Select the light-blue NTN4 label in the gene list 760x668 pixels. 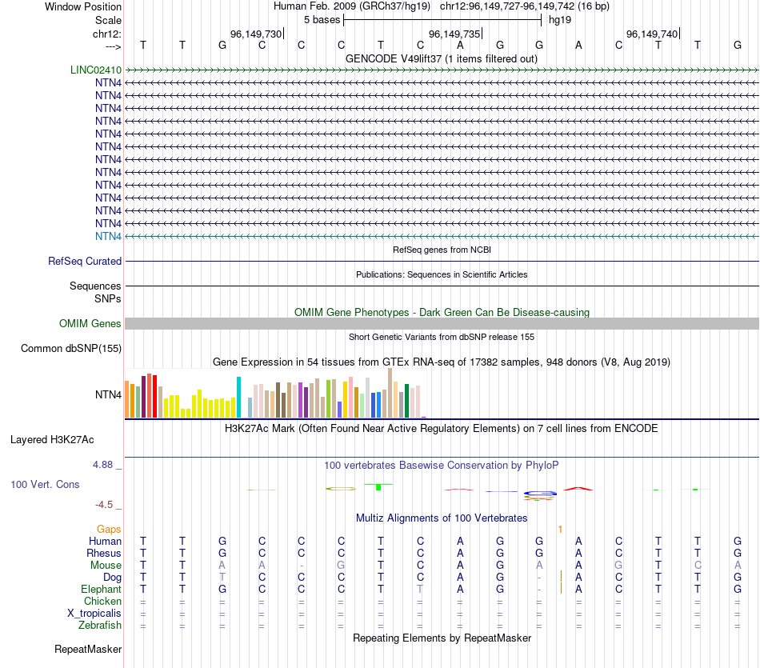click(108, 236)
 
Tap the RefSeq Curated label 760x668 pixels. click(85, 261)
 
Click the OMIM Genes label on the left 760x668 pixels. click(90, 323)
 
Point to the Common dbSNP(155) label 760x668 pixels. click(71, 348)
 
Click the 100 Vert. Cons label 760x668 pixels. click(45, 484)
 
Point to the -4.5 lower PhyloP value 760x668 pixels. click(104, 505)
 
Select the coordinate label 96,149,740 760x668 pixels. click(652, 34)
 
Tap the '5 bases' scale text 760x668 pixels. click(322, 19)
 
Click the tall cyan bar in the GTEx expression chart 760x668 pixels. click(238, 397)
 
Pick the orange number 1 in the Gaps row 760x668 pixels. click(560, 529)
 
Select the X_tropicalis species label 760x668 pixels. click(94, 613)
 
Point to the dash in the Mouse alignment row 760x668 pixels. click(302, 565)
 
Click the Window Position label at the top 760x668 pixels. click(83, 6)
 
